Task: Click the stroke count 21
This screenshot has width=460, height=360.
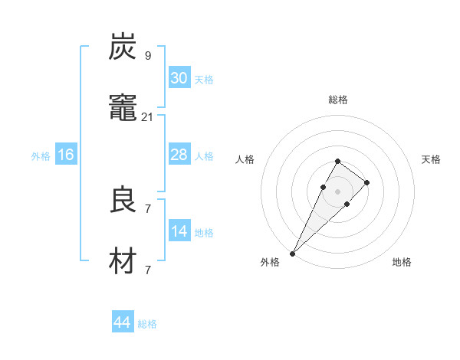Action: coord(148,116)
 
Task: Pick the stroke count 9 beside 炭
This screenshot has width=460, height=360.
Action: coord(148,56)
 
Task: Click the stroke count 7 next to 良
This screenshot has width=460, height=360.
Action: coord(148,208)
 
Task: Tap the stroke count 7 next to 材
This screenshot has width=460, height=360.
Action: coord(148,270)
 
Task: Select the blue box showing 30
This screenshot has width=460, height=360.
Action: coord(179,78)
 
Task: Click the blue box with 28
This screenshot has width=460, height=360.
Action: coord(179,155)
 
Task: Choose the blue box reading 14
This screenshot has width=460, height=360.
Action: coord(179,231)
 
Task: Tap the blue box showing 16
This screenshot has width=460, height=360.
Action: coord(66,155)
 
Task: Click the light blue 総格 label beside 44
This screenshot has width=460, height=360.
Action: coord(147,324)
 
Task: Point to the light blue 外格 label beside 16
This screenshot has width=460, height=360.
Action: coord(41,156)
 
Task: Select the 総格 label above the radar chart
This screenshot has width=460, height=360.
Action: coord(337,100)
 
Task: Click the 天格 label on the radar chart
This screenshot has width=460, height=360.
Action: coord(432,159)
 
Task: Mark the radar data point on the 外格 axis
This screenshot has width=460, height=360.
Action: coord(292,253)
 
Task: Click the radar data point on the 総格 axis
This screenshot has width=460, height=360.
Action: coord(337,161)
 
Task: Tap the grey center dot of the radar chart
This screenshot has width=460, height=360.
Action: coord(337,191)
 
